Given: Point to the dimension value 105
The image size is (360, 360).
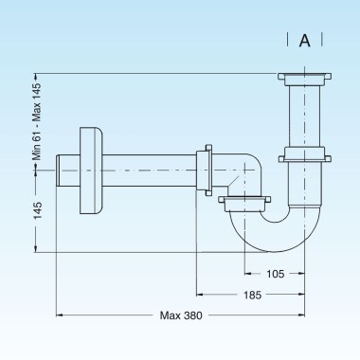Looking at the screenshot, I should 276,274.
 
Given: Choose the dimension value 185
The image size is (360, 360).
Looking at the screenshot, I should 251,295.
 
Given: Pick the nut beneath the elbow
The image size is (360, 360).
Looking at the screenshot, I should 245,200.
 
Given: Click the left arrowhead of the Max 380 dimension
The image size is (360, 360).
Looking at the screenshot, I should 61,315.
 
